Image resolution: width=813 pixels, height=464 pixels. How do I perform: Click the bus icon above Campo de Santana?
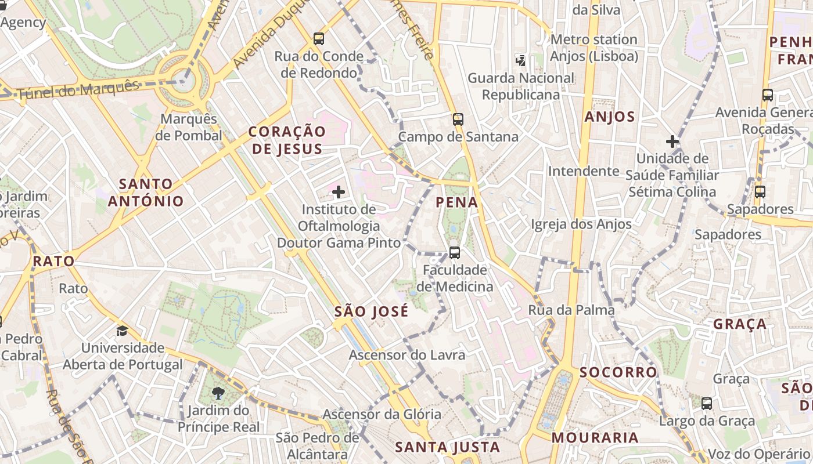click(458, 119)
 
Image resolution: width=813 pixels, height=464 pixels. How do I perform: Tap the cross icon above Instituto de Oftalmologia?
click(339, 191)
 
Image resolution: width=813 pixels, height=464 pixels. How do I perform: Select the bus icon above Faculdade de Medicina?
click(455, 253)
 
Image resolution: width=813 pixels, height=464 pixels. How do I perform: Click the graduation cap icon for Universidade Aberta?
click(122, 331)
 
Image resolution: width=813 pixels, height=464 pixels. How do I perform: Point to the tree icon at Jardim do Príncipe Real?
click(218, 393)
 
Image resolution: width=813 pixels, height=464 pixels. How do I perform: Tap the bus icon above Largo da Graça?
click(707, 404)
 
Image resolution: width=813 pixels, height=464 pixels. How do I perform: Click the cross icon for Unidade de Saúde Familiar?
click(672, 141)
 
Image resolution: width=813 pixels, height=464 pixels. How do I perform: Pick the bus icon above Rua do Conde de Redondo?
click(319, 39)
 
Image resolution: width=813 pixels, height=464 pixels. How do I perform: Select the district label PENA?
click(457, 202)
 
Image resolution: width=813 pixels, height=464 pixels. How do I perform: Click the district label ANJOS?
click(610, 117)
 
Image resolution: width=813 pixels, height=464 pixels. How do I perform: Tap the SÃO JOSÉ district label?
click(372, 311)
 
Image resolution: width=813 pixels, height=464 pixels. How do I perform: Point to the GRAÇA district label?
click(740, 324)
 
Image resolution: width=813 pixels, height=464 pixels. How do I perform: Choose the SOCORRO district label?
click(618, 372)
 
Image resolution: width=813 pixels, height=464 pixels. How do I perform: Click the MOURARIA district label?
click(595, 437)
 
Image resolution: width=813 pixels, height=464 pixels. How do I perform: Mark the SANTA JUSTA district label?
click(448, 447)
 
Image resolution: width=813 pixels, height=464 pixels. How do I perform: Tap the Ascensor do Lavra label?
click(407, 354)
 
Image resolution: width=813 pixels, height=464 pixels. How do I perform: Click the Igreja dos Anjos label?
click(581, 224)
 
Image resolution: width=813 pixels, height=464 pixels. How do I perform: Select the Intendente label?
click(584, 171)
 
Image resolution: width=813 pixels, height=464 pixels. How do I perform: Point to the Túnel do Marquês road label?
click(78, 90)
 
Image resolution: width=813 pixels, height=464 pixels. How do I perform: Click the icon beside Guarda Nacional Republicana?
click(521, 60)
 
